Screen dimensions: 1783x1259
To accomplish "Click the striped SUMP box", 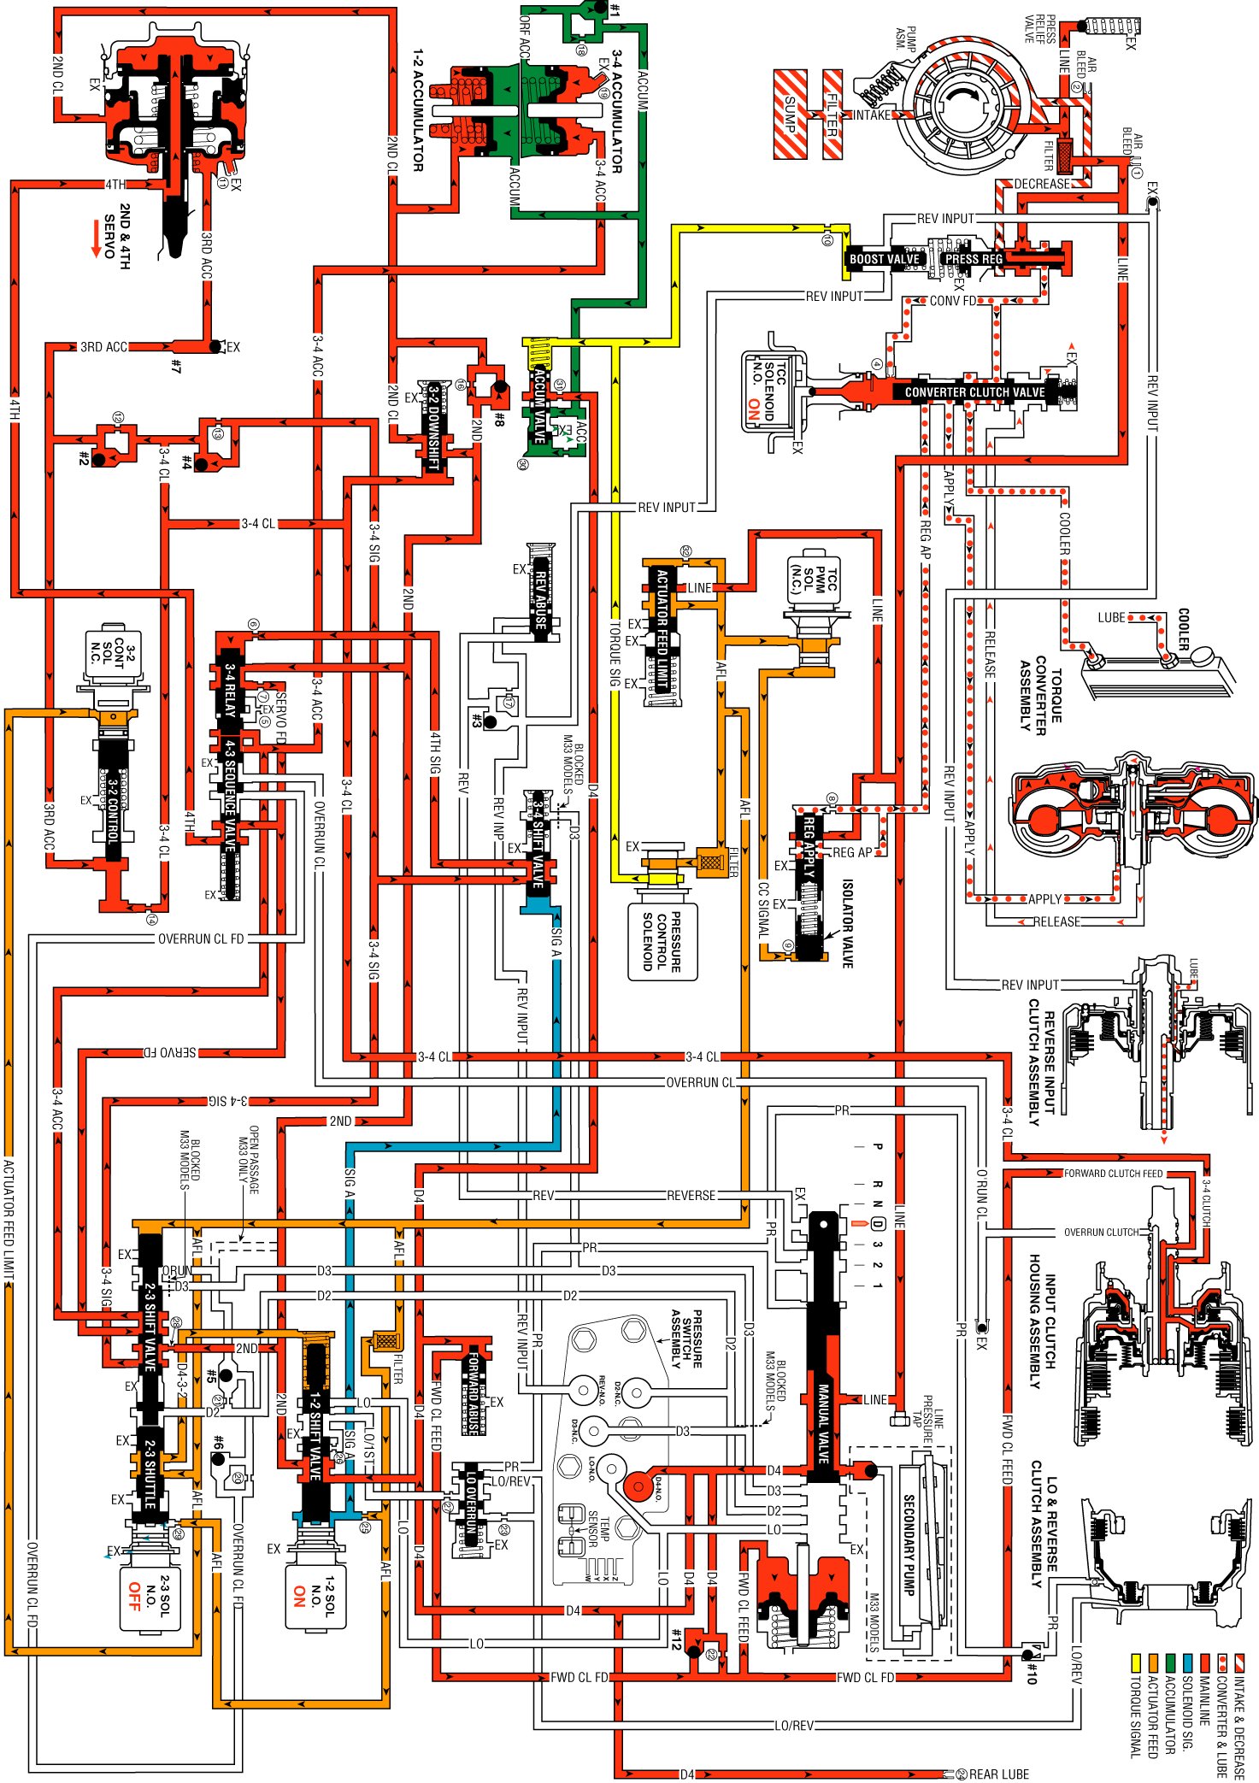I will click(790, 114).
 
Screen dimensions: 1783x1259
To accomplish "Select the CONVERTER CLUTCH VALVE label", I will click(974, 392).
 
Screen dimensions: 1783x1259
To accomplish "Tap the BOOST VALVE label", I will click(884, 259).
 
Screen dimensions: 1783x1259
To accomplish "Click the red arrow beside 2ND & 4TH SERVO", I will click(96, 239).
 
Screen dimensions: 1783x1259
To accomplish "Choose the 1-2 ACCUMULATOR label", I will click(418, 110).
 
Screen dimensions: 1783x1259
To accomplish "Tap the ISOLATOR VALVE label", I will click(847, 923).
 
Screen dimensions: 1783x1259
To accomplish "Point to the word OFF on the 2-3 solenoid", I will click(134, 1596).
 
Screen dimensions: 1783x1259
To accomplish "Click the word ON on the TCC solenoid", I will click(754, 409).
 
